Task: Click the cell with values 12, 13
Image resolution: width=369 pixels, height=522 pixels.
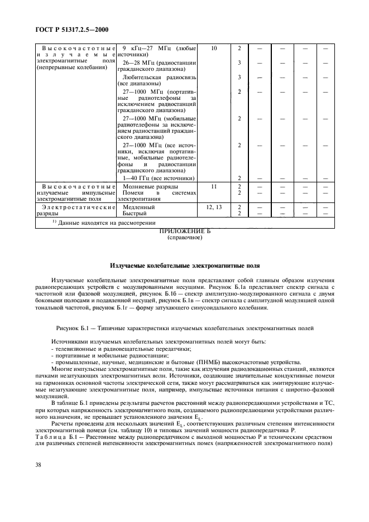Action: [214, 206]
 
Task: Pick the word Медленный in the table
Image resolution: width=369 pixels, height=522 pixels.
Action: [139, 206]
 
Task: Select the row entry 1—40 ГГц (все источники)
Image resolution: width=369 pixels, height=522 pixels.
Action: [158, 178]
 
